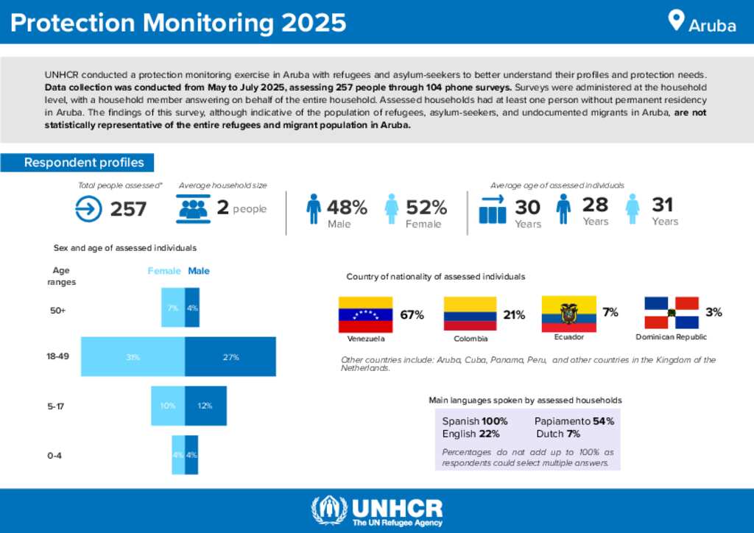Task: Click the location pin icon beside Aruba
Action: (675, 20)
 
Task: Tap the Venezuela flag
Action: (365, 314)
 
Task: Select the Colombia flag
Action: (470, 314)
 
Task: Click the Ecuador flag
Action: (568, 314)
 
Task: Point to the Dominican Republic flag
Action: (671, 313)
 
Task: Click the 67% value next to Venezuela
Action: (412, 315)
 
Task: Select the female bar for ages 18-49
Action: (133, 357)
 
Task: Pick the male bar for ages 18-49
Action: (230, 357)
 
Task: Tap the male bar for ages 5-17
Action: (205, 406)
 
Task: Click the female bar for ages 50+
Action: (173, 308)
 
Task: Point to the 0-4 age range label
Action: (54, 456)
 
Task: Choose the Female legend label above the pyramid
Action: (164, 271)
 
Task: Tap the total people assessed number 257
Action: (128, 210)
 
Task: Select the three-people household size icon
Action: (194, 209)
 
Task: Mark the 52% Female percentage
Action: (426, 208)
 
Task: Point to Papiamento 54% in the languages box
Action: (574, 421)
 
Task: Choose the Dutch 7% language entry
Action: (563, 434)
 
